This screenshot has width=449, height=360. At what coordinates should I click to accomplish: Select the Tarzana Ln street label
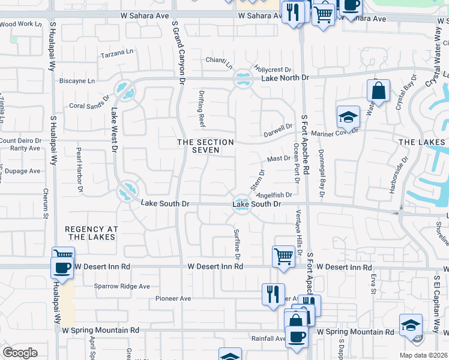[117, 52]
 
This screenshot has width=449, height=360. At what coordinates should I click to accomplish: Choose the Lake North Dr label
[285, 78]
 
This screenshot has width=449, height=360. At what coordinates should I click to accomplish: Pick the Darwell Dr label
[278, 130]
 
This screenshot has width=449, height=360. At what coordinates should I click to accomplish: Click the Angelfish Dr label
[274, 194]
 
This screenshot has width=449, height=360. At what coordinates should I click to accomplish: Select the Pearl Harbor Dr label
[79, 170]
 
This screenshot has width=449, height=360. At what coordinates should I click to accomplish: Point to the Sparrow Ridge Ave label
[122, 286]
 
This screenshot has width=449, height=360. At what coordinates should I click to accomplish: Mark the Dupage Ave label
[24, 171]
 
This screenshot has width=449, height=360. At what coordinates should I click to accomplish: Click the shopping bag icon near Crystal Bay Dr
[378, 92]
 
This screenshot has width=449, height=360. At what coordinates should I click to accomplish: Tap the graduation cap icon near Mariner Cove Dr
[348, 117]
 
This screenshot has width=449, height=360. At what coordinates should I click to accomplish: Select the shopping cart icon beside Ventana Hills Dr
[283, 256]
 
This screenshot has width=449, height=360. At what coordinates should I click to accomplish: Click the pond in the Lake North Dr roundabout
[243, 78]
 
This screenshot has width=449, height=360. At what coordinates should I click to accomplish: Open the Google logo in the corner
[20, 353]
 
